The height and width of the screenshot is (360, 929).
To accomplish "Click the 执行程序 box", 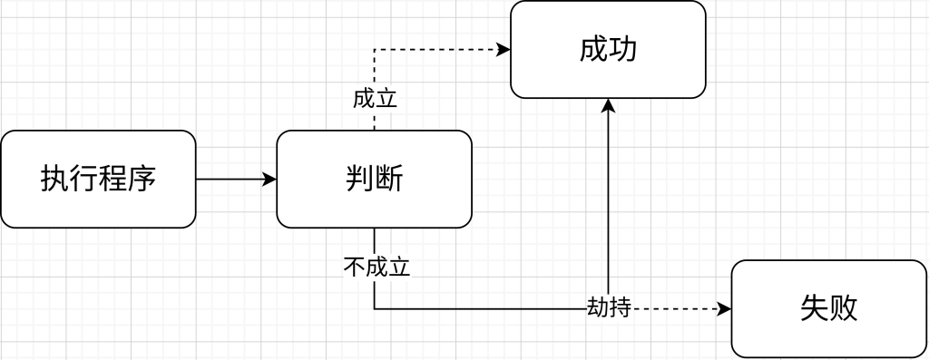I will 98,179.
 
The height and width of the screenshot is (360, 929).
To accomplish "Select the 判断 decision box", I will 374,179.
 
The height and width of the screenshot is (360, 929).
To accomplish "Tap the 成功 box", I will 608,49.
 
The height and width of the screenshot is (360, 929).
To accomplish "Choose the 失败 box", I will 828,308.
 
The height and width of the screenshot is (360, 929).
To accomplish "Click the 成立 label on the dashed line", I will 375,99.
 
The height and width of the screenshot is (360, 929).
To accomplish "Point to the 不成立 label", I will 376,267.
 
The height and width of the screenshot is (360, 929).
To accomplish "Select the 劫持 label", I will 609,308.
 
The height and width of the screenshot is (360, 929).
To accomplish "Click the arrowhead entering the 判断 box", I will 269,179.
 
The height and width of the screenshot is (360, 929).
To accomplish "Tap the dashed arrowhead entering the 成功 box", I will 504,50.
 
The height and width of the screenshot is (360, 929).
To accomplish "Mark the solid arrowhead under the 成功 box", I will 608,105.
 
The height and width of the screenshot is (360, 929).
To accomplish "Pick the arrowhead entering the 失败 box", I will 724,308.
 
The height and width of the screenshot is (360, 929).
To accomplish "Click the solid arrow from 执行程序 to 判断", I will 231,179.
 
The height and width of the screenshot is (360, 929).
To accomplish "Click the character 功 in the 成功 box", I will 623,49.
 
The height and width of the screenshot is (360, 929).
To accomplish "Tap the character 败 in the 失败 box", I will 844,308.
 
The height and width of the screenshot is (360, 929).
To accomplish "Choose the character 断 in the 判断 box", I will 389,179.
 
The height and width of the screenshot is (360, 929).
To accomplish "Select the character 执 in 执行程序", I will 54,179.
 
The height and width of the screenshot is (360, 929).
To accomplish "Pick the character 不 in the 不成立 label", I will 355,267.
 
